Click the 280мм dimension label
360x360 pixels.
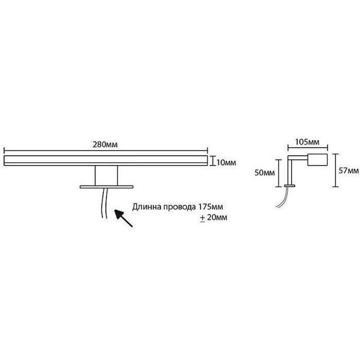pyautogui.click(x=105, y=144)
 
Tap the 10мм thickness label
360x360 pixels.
pyautogui.click(x=226, y=163)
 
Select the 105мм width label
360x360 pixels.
pyautogui.click(x=307, y=142)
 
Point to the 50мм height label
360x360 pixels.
pyautogui.click(x=265, y=173)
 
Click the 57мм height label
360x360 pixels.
pyautogui.click(x=349, y=171)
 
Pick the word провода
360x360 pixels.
pyautogui.click(x=176, y=207)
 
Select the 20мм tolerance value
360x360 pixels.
pyautogui.click(x=217, y=217)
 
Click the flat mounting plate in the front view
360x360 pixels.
pyautogui.click(x=106, y=187)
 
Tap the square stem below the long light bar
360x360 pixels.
pyautogui.click(x=106, y=175)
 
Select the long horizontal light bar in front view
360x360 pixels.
pyautogui.click(x=106, y=161)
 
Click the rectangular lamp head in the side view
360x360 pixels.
pyautogui.click(x=318, y=160)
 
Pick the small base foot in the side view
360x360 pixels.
pyautogui.click(x=289, y=185)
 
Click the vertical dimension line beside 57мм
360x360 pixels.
pyautogui.click(x=335, y=171)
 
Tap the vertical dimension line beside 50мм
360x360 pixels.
pyautogui.click(x=279, y=173)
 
